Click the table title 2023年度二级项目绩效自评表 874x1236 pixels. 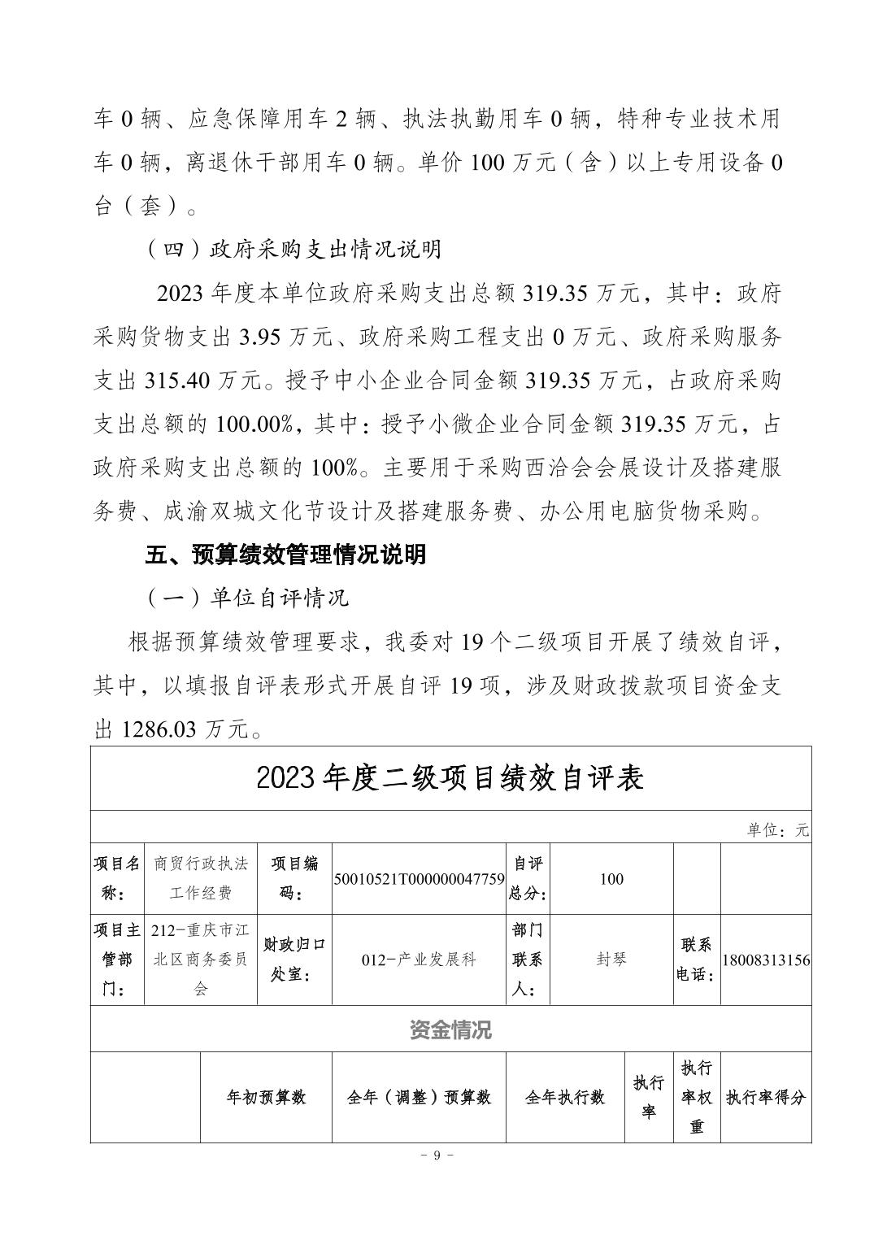[450, 778]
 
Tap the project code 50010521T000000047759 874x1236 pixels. [419, 879]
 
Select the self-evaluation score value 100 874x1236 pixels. [611, 879]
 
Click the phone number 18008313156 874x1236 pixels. [766, 960]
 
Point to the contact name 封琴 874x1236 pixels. [611, 960]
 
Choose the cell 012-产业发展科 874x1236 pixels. [419, 960]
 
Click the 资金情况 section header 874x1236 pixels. [450, 1030]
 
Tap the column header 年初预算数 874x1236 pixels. [266, 1097]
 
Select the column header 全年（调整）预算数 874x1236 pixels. [419, 1097]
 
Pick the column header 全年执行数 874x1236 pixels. [565, 1097]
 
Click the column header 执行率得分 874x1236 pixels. [766, 1097]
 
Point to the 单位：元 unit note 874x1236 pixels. [778, 830]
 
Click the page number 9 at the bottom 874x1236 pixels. [437, 1155]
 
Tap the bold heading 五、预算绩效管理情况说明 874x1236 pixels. [285, 555]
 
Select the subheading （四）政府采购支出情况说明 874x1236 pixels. [294, 249]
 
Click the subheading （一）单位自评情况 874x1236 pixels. [247, 598]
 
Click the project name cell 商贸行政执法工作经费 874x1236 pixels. [201, 878]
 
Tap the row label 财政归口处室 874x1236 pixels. [294, 960]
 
